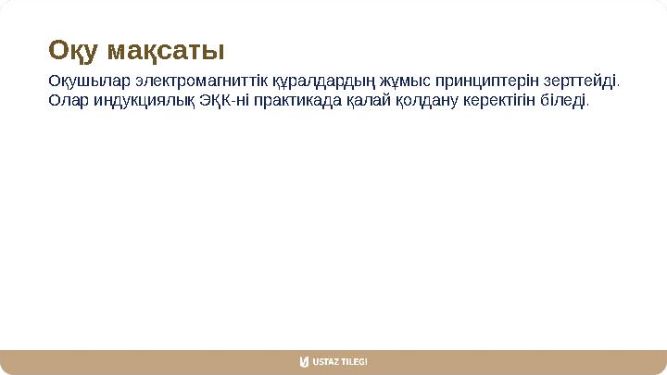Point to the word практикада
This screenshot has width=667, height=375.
coord(296,99)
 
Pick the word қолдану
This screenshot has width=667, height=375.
coord(424,99)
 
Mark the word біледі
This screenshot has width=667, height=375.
coord(562,99)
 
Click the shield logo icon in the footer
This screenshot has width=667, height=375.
coord(304,361)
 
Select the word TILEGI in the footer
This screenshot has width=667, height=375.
coord(356,361)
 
